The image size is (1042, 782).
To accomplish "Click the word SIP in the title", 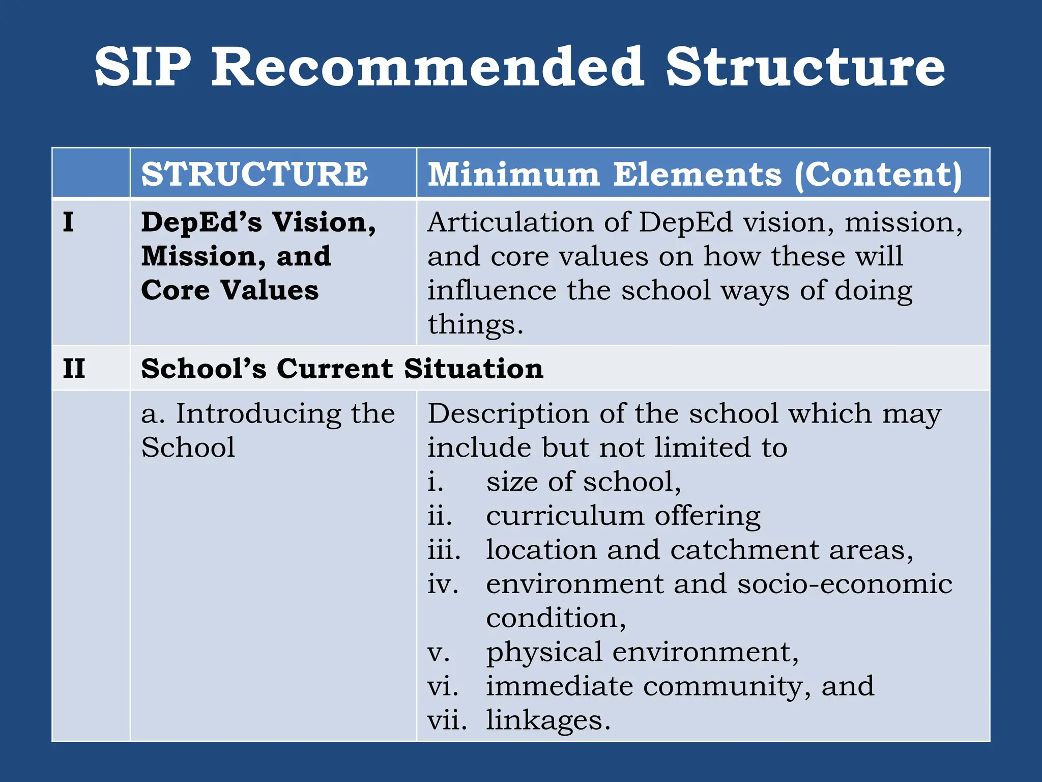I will tap(143, 67).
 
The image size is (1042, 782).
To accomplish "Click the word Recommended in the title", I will tap(428, 67).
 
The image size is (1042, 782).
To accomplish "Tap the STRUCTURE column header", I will tap(255, 174).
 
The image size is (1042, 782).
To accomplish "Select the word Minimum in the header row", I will tap(514, 174).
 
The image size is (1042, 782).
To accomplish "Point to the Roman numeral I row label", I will tap(68, 222).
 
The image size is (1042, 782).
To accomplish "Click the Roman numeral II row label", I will tap(74, 369).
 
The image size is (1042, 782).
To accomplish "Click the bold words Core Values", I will tap(230, 290).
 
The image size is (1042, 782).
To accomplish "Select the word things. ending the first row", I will tap(475, 324).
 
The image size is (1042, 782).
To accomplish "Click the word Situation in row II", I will tap(474, 369).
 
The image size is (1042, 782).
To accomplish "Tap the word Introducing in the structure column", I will tap(258, 413).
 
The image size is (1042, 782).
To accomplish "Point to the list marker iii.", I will tap(444, 550).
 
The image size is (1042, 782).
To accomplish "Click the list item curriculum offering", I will tap(623, 516).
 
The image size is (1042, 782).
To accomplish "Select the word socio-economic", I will tap(845, 584).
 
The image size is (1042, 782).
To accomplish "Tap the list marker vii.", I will tap(447, 720).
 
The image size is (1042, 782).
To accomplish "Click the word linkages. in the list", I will tap(548, 720).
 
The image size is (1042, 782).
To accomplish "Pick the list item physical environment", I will tap(642, 653).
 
